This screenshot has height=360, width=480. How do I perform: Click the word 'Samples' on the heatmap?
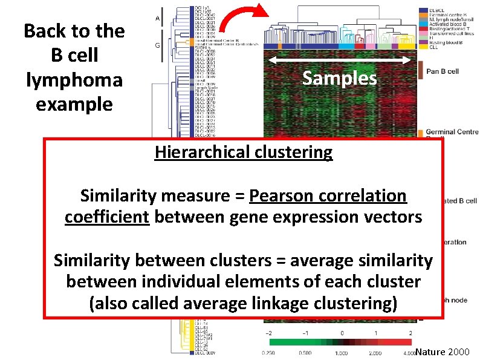pyautogui.click(x=339, y=79)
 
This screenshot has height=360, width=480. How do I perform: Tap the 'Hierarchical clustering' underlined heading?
pyautogui.click(x=243, y=152)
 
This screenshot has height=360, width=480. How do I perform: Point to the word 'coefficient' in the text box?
pyautogui.click(x=107, y=217)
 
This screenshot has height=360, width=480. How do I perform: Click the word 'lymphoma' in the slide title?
pyautogui.click(x=74, y=80)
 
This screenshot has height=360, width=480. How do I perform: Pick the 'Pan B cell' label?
pyautogui.click(x=443, y=71)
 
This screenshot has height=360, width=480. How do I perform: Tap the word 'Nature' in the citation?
pyautogui.click(x=431, y=351)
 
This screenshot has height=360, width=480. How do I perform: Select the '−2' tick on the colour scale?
pyautogui.click(x=269, y=333)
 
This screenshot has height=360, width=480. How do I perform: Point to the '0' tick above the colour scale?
pyautogui.click(x=342, y=333)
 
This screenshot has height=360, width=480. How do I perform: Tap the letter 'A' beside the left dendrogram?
pyautogui.click(x=158, y=19)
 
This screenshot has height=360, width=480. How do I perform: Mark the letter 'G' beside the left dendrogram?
pyautogui.click(x=158, y=44)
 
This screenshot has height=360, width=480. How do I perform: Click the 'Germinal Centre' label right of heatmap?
pyautogui.click(x=452, y=132)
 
